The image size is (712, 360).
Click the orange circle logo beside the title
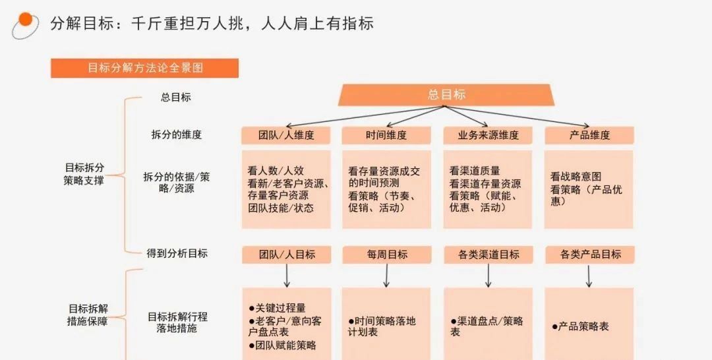pyautogui.click(x=24, y=22)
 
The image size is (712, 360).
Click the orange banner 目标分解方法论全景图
pyautogui.click(x=144, y=68)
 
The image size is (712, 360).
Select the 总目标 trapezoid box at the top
pyautogui.click(x=446, y=95)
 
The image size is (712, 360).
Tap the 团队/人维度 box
pyautogui.click(x=285, y=135)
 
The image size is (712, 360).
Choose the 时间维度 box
pyautogui.click(x=386, y=135)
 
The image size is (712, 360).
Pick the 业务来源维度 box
pyautogui.click(x=488, y=135)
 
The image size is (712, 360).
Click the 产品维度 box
pyautogui.click(x=589, y=135)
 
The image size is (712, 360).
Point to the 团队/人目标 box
pyautogui.click(x=285, y=255)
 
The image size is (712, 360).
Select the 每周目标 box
pyautogui.click(x=386, y=255)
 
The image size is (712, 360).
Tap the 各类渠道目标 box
pyautogui.click(x=488, y=255)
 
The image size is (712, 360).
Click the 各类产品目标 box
pyautogui.click(x=589, y=255)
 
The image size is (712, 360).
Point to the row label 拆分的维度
pyautogui.click(x=176, y=135)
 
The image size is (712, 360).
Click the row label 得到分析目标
pyautogui.click(x=176, y=253)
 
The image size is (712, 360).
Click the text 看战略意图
pyautogui.click(x=576, y=177)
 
